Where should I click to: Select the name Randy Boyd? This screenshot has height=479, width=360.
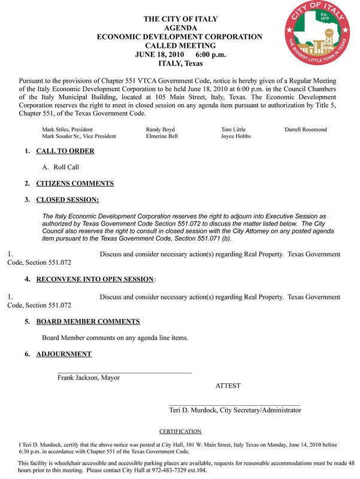(x=161, y=129)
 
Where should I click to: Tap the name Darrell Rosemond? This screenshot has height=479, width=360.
(x=305, y=129)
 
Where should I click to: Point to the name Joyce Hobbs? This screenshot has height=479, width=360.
(x=237, y=137)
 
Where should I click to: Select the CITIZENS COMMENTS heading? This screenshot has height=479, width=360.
(x=75, y=183)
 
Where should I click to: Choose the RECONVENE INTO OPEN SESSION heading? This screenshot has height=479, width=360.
(x=95, y=279)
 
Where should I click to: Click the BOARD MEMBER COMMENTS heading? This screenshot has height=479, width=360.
(x=88, y=322)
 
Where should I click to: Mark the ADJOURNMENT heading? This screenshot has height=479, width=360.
(x=64, y=354)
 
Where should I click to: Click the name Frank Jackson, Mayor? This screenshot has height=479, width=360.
(x=89, y=378)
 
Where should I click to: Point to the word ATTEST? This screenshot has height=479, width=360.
(x=228, y=386)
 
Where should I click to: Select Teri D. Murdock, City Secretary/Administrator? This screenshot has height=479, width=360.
(x=235, y=410)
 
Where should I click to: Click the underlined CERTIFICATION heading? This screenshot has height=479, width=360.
(x=180, y=431)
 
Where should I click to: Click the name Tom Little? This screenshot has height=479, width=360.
(x=233, y=129)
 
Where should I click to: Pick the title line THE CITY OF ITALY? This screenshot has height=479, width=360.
(x=180, y=20)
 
